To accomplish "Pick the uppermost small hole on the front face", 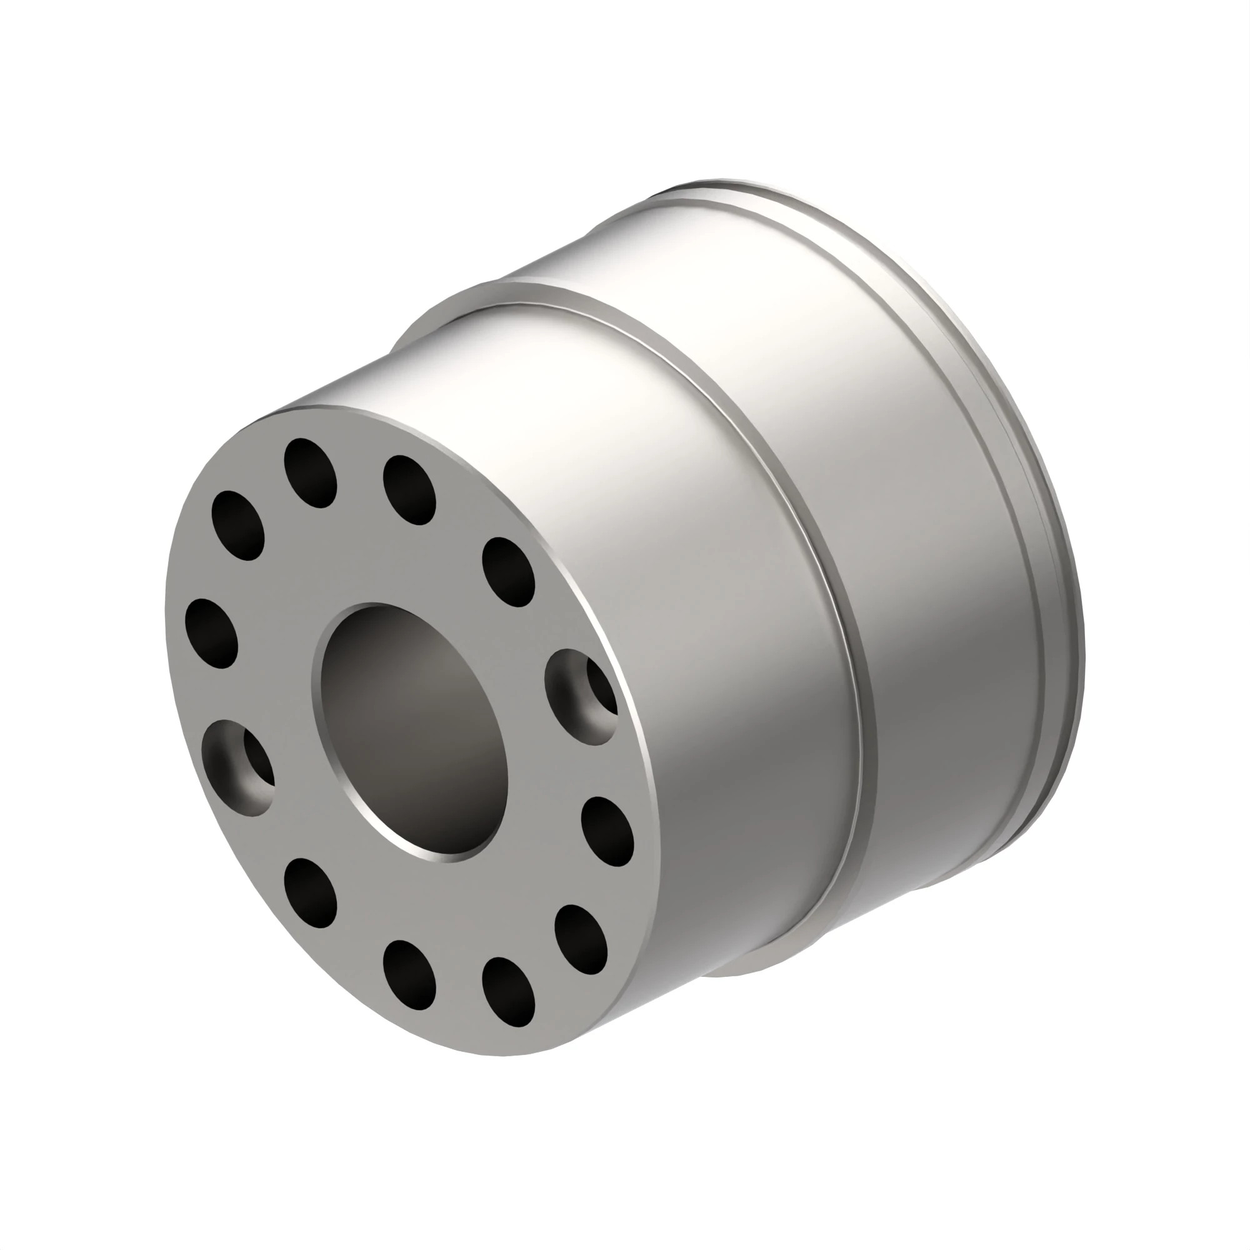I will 311,473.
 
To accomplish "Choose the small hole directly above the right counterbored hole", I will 509,572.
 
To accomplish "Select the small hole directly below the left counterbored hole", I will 311,892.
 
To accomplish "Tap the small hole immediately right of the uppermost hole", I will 409,490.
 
